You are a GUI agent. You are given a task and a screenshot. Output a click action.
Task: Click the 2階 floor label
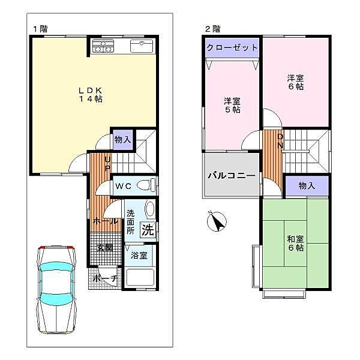[212, 28]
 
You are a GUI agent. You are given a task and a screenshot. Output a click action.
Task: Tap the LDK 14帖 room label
[90, 95]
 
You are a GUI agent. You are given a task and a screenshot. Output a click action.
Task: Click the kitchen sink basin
[143, 46]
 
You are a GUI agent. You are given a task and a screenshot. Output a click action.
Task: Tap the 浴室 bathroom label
[139, 255]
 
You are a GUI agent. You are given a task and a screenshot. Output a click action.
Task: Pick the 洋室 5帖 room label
[232, 106]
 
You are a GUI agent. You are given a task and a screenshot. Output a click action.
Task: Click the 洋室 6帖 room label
[294, 82]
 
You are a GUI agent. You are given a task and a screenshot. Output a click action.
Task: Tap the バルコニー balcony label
[232, 176]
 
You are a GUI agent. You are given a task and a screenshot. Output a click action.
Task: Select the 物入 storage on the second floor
[307, 185]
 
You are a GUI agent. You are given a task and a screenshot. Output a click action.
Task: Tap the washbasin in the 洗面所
[149, 210]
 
